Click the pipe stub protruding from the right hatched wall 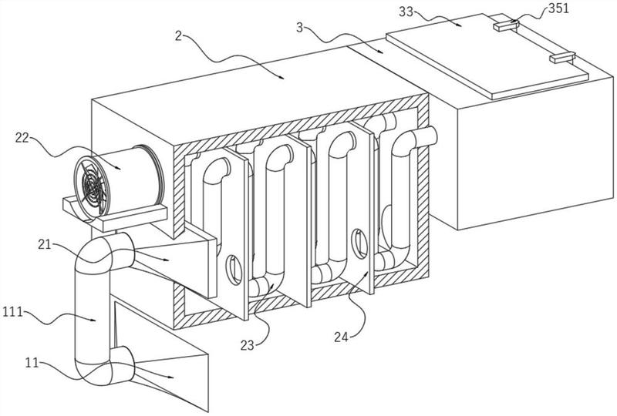(429, 139)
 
